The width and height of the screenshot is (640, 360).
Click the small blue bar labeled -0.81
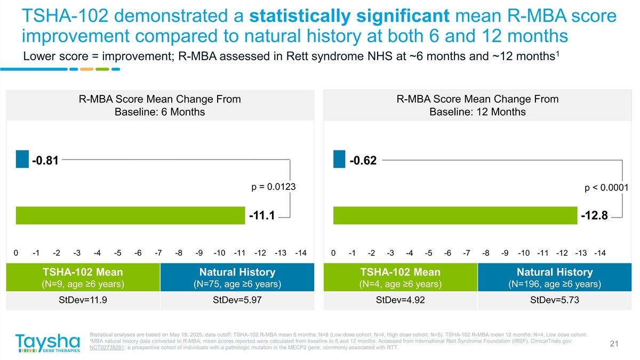(22, 159)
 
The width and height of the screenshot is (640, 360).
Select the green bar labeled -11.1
(131, 215)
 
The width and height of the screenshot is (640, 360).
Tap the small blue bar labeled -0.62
(339, 159)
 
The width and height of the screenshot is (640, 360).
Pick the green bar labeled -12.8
(455, 215)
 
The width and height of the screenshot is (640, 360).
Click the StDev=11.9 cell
(83, 300)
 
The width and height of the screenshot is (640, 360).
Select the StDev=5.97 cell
(237, 300)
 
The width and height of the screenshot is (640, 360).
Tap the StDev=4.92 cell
(400, 300)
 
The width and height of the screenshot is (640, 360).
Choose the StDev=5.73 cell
(555, 300)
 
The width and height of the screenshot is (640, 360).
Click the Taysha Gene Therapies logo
(48, 343)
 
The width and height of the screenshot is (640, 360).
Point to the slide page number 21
(613, 344)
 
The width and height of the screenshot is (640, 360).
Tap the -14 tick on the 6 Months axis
(300, 253)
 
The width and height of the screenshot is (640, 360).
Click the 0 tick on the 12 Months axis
(333, 253)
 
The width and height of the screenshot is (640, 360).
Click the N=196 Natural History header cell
(555, 277)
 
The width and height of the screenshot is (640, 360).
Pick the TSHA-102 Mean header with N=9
(83, 277)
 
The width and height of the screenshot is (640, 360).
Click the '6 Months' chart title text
(160, 112)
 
